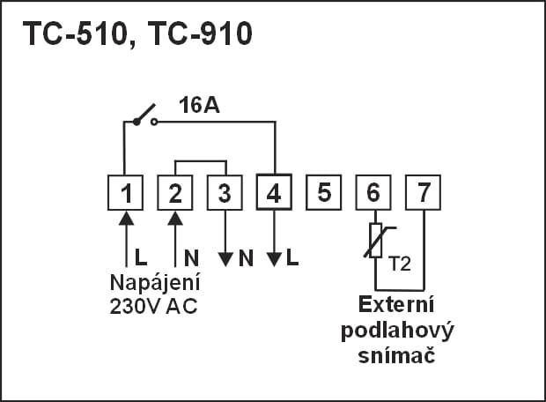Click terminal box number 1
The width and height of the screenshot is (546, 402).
[126, 192]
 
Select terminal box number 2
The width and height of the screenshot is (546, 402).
[175, 192]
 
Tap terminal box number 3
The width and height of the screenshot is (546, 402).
[225, 192]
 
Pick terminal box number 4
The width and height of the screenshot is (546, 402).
[274, 192]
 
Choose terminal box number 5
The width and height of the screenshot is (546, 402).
[324, 192]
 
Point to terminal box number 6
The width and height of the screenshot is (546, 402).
[373, 192]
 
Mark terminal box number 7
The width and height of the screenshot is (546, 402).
[423, 192]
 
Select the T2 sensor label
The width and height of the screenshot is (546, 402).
[398, 264]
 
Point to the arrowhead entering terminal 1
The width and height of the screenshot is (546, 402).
[126, 218]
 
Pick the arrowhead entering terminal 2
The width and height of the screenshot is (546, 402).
[175, 218]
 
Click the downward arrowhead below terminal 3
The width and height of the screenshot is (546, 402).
[225, 258]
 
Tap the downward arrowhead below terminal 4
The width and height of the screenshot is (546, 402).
[274, 258]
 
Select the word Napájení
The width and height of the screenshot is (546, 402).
[155, 285]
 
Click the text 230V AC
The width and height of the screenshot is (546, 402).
[155, 308]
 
